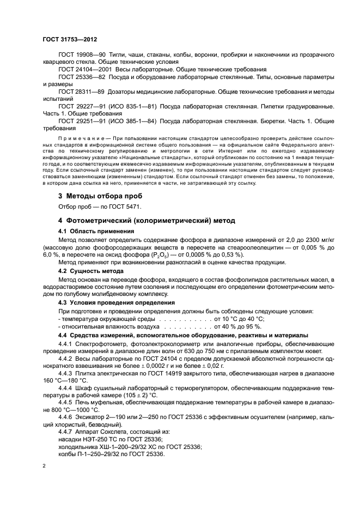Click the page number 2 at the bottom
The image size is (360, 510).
click(x=45, y=466)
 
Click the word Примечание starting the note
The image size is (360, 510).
click(x=78, y=138)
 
